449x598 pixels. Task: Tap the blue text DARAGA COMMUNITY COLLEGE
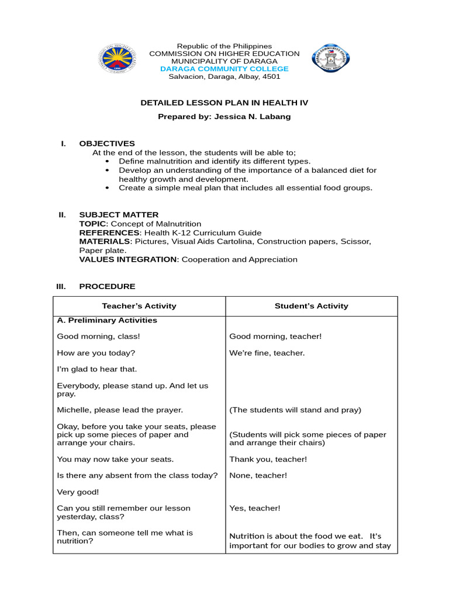(x=224, y=69)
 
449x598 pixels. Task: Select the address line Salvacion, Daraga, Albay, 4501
(x=224, y=77)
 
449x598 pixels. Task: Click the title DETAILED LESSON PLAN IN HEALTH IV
(x=224, y=103)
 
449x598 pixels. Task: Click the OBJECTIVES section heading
(x=107, y=144)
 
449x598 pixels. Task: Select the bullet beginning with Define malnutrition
(x=215, y=161)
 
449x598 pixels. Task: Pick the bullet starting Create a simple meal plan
(x=245, y=188)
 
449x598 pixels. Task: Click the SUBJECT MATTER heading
(x=119, y=215)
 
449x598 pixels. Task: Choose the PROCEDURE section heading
(x=107, y=287)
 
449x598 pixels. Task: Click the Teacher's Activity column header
(x=139, y=306)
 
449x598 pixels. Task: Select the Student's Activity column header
(x=312, y=306)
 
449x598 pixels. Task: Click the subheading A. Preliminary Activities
(x=107, y=321)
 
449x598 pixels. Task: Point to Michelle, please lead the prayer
(x=120, y=410)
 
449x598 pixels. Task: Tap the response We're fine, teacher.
(x=267, y=353)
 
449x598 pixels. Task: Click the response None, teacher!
(x=258, y=475)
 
